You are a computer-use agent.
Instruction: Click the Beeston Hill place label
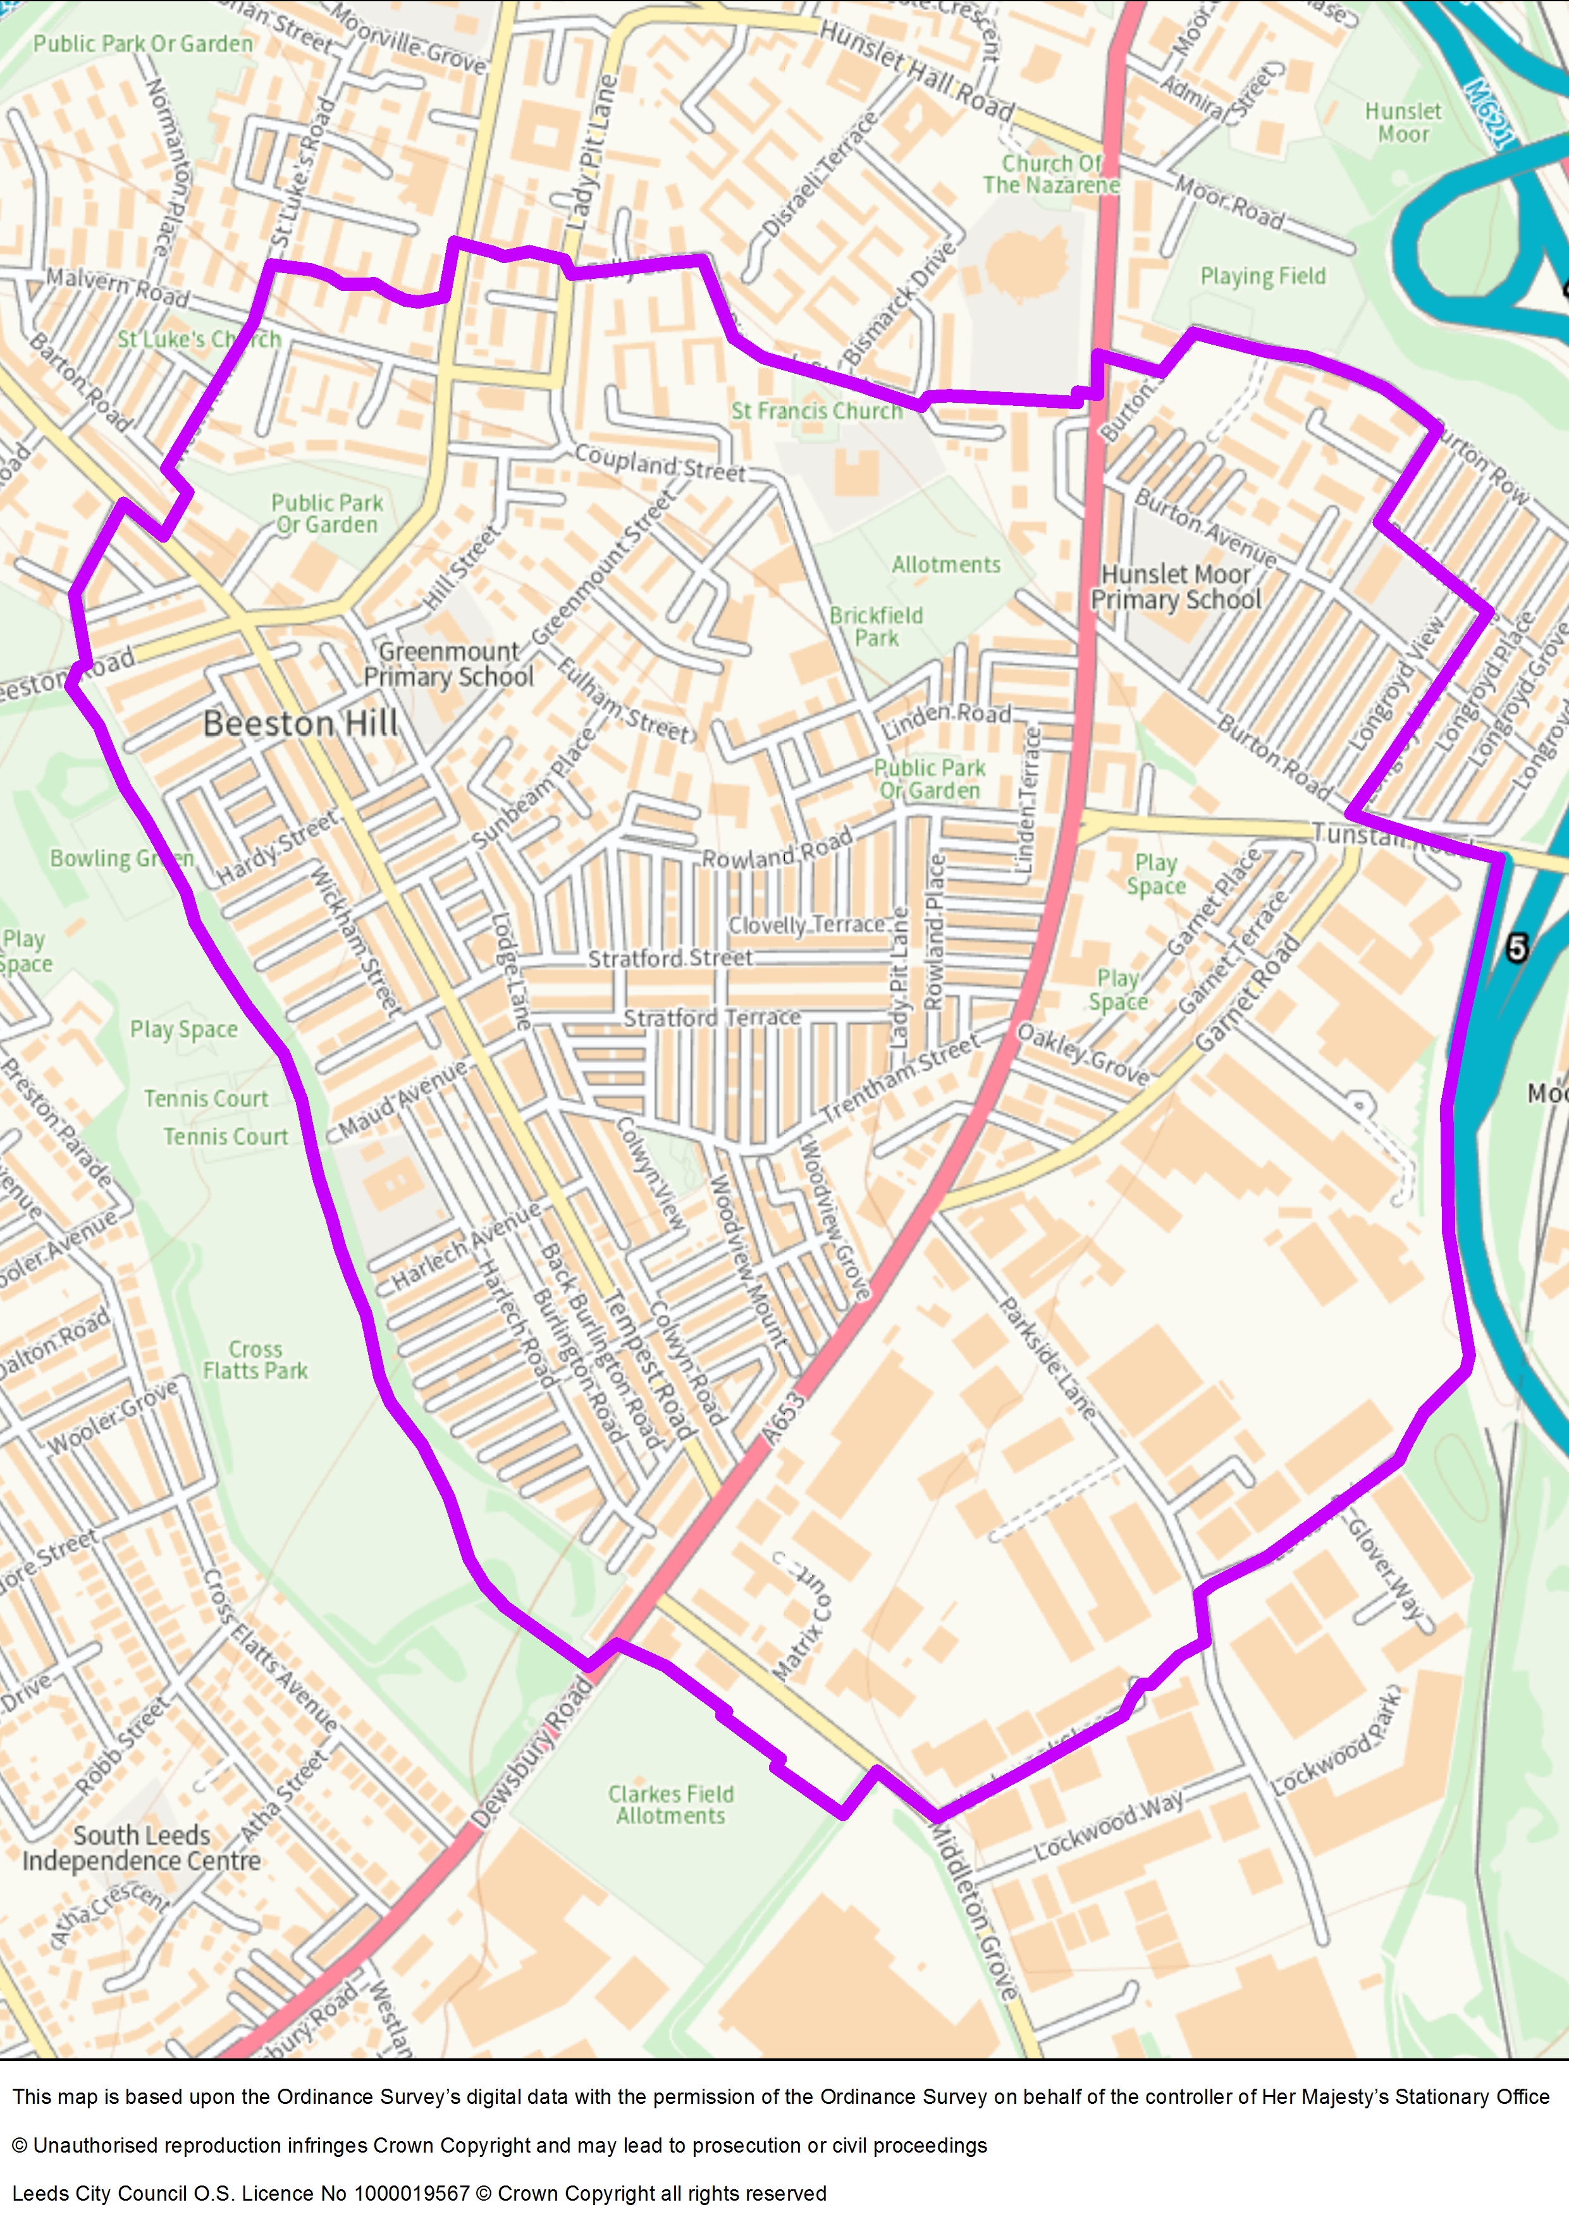(300, 724)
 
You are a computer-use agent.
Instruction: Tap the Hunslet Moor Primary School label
(1176, 587)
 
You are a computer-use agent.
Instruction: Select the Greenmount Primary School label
(448, 665)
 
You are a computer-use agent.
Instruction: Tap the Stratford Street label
(670, 959)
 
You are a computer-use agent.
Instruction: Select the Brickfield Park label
(877, 626)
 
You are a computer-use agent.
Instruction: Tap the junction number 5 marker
(1517, 948)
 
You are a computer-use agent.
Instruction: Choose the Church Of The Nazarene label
(1051, 174)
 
